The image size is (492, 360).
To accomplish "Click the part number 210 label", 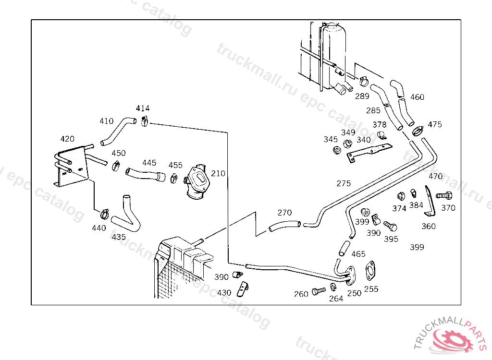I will pyautogui.click(x=218, y=173).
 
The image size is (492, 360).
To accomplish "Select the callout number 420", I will pyautogui.click(x=67, y=139).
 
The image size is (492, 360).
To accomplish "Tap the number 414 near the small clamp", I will pyautogui.click(x=143, y=108).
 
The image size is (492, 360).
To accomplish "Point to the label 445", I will pyautogui.click(x=149, y=163).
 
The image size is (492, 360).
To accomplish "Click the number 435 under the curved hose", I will pyautogui.click(x=119, y=237).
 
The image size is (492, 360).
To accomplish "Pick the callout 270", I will pyautogui.click(x=284, y=213).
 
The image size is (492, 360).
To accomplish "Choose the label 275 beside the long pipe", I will pyautogui.click(x=344, y=183).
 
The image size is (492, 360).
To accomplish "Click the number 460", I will pyautogui.click(x=417, y=97).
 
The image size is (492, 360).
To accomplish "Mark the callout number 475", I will pyautogui.click(x=434, y=124).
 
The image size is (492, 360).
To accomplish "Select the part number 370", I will pyautogui.click(x=448, y=208).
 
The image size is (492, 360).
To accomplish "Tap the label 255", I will pyautogui.click(x=371, y=289).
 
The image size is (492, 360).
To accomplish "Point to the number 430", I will pyautogui.click(x=224, y=292).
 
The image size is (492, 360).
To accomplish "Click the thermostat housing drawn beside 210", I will pyautogui.click(x=198, y=182).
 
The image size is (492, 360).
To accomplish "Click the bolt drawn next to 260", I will pyautogui.click(x=318, y=291).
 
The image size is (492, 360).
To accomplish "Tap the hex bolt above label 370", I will pyautogui.click(x=444, y=195).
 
